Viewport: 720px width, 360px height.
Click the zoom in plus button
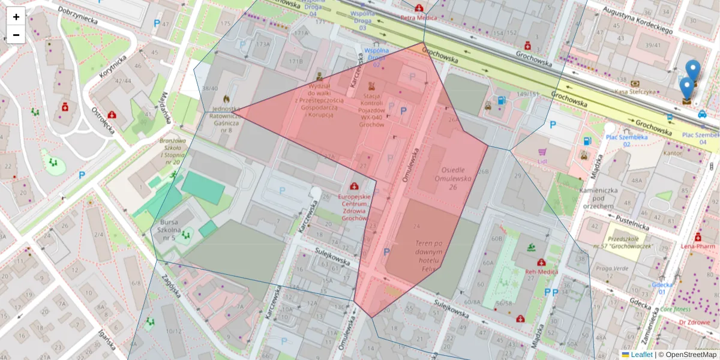click(16, 17)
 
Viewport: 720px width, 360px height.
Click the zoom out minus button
click(16, 35)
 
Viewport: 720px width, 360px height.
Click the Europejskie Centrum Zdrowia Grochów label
click(355, 207)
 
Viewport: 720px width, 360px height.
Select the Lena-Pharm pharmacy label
click(698, 246)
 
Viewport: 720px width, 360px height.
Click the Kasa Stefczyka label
click(635, 92)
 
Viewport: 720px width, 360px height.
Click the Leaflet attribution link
click(641, 355)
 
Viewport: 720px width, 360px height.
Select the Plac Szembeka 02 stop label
click(626, 140)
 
